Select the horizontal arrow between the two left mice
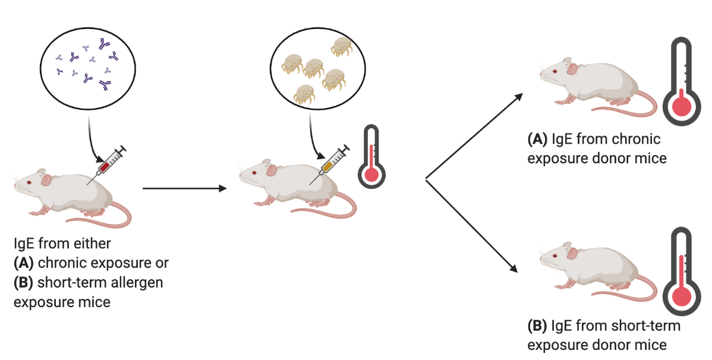(185, 188)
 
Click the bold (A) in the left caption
(23, 263)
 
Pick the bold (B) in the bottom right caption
(538, 326)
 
